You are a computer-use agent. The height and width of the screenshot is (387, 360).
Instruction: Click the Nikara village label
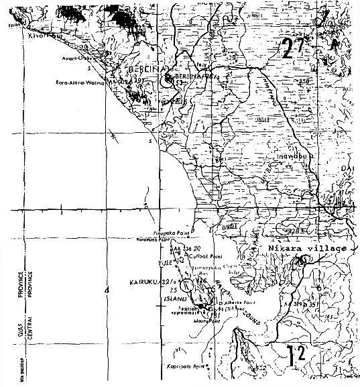pos(308,249)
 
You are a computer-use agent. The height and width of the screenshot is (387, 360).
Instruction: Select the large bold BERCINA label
pos(142,70)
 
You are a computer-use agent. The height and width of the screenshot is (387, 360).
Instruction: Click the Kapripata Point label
pos(186,369)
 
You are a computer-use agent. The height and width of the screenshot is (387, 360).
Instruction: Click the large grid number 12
pos(292,354)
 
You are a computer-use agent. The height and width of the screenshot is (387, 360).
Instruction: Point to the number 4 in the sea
pos(106,290)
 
